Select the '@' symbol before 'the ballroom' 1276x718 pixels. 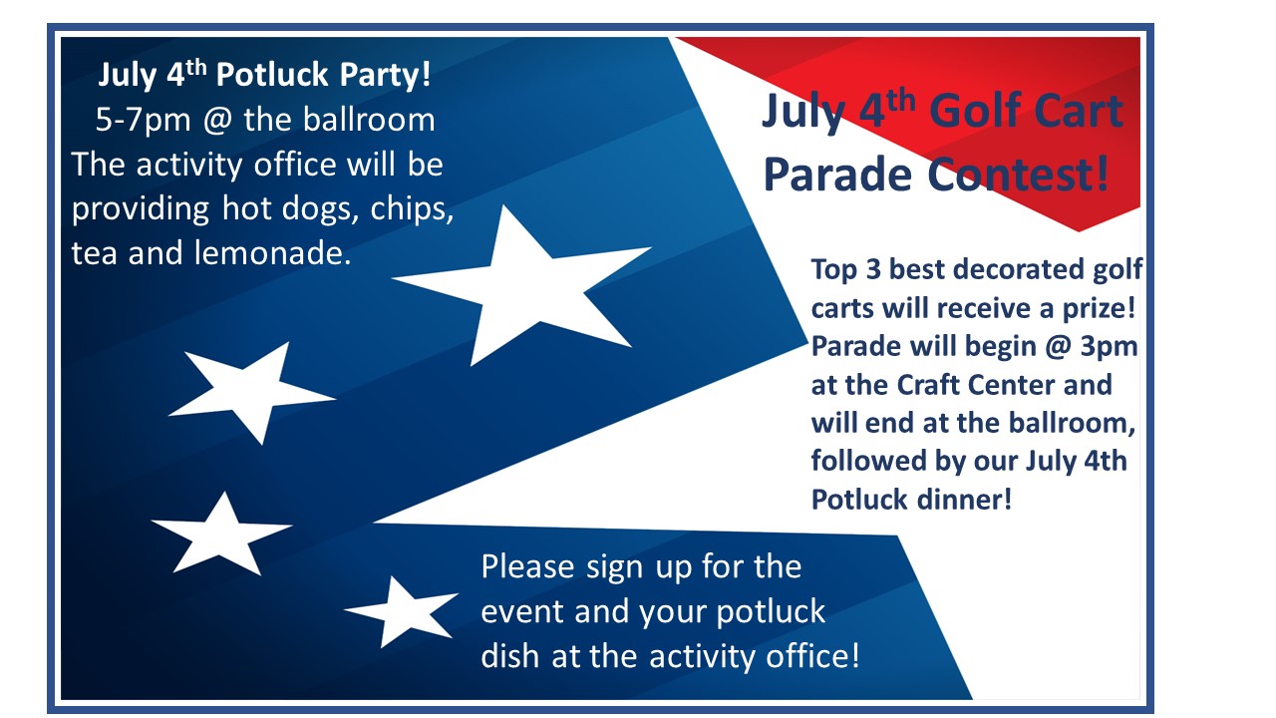[x=217, y=121]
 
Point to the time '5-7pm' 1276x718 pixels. [x=143, y=121]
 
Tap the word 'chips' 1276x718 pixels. [x=412, y=209]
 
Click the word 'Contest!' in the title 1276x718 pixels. [x=1019, y=175]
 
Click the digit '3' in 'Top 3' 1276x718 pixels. [x=873, y=269]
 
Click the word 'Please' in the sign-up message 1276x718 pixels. [x=527, y=567]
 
